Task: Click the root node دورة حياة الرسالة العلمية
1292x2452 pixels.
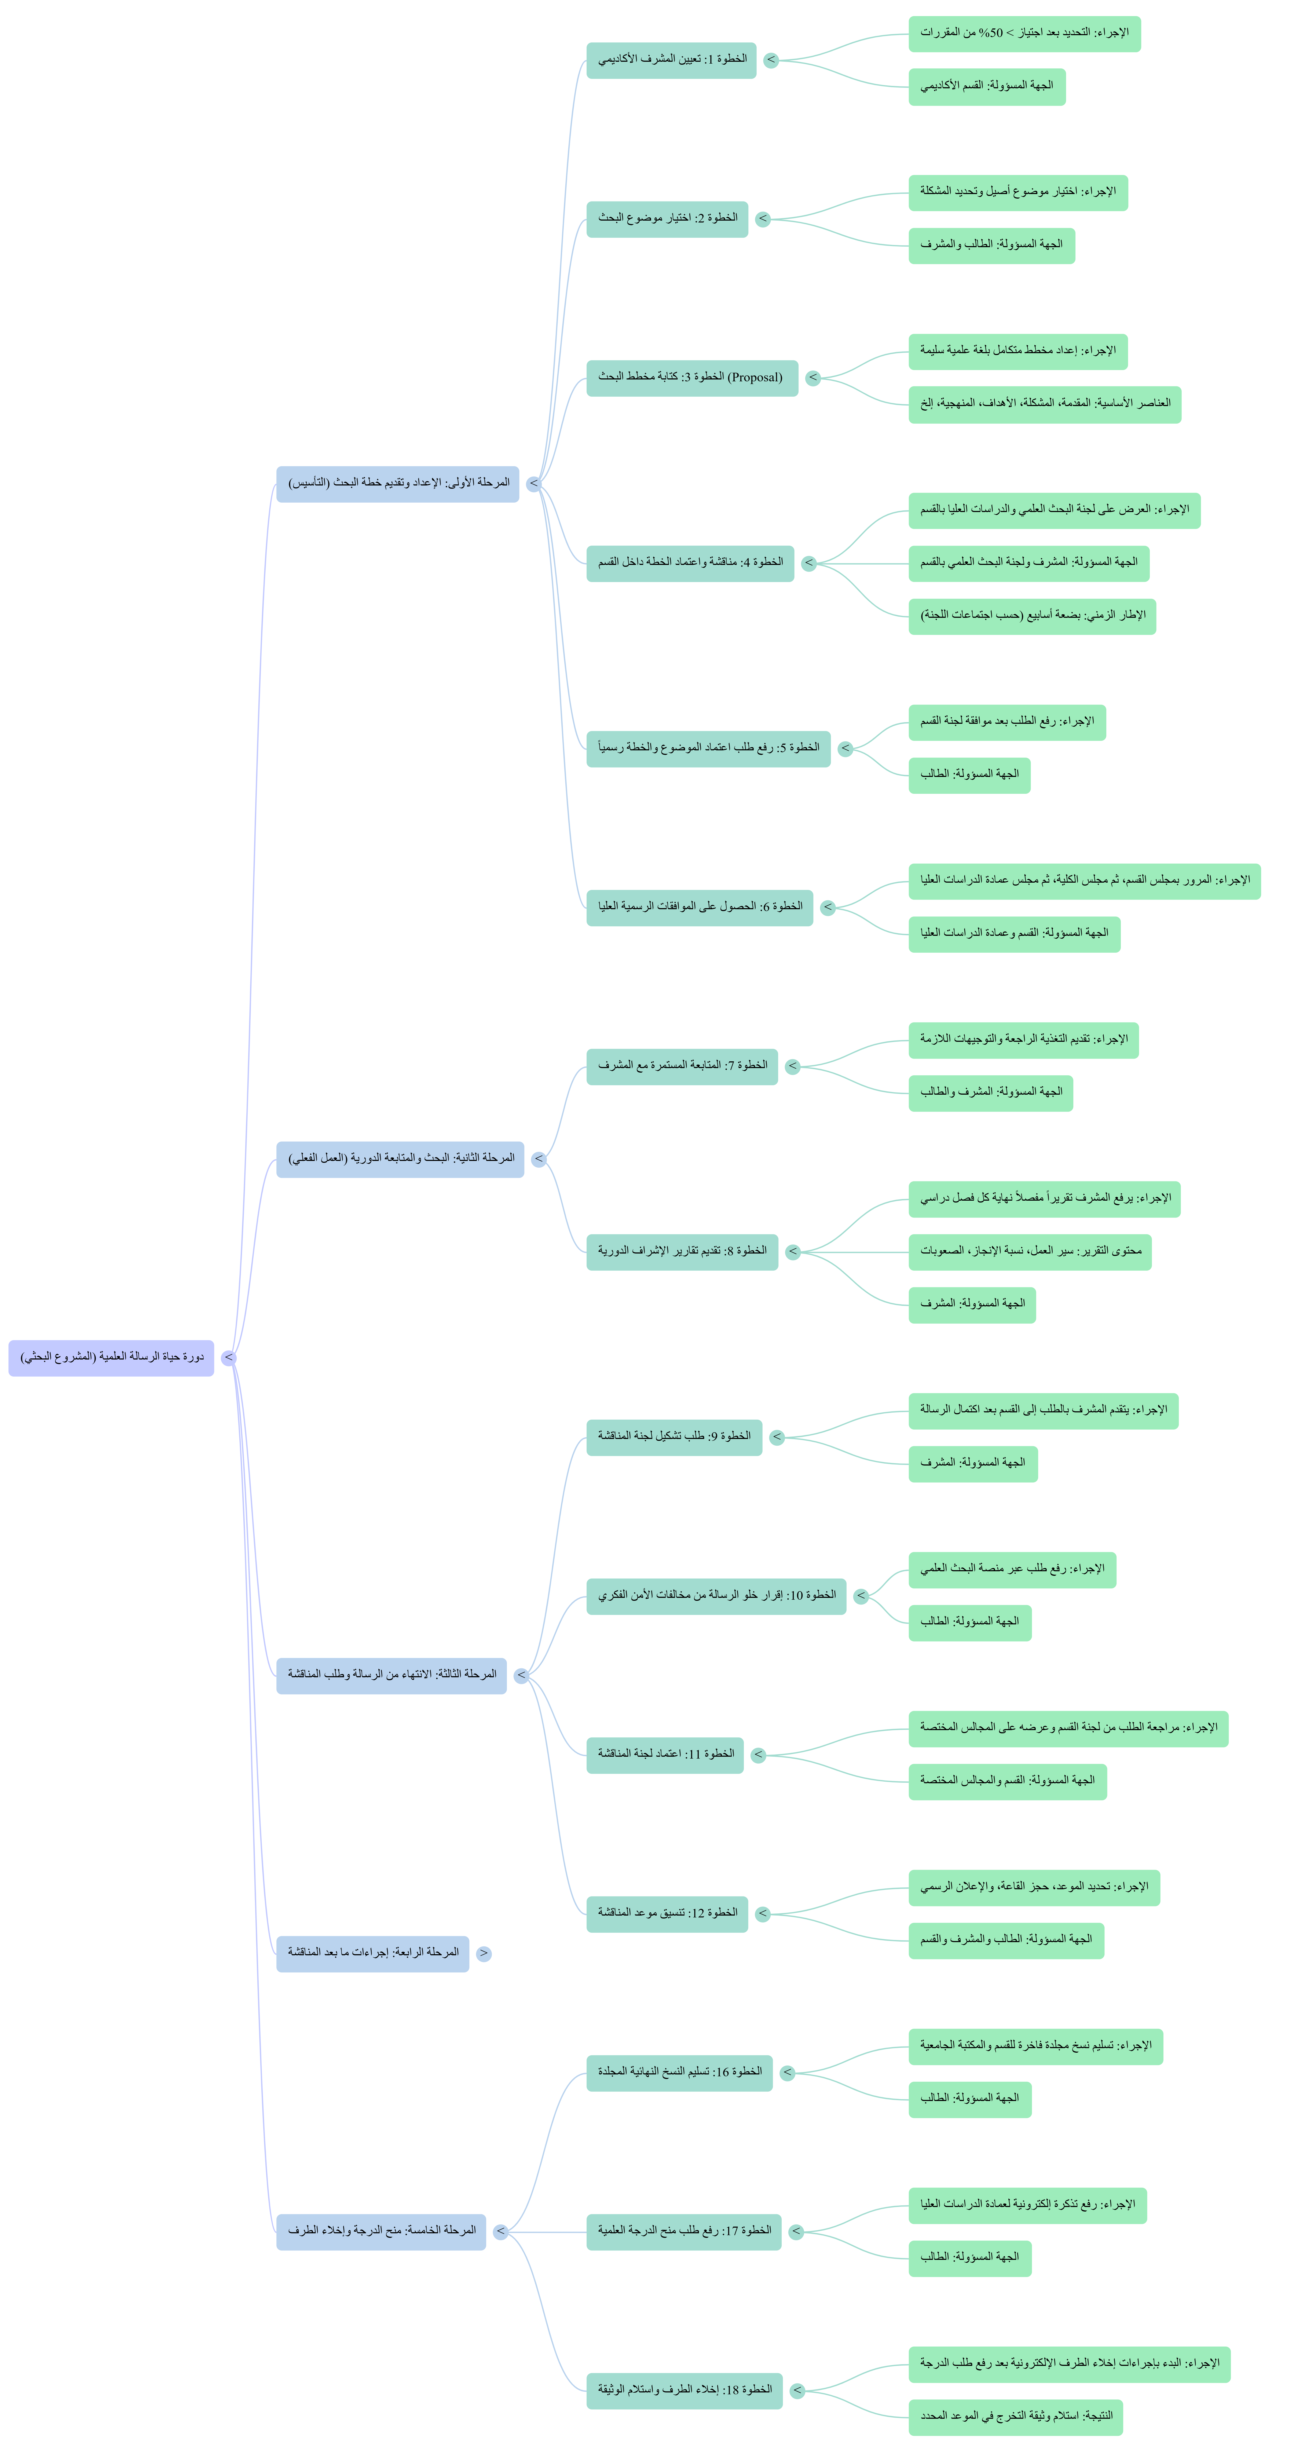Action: [111, 1357]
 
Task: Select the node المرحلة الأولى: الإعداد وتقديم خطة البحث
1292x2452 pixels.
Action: [398, 484]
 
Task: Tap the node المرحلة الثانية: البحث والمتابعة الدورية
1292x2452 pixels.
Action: [400, 1159]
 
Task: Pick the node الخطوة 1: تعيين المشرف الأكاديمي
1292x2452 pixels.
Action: [671, 60]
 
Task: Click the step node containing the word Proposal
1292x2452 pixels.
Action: [692, 378]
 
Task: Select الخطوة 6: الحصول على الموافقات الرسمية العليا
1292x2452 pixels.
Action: [700, 907]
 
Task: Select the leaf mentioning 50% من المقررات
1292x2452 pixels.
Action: [1024, 33]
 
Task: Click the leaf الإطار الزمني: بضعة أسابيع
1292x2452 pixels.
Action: [1032, 616]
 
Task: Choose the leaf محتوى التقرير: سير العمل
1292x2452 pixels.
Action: [1030, 1252]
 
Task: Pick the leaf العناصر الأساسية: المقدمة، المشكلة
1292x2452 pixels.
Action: [1044, 404]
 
